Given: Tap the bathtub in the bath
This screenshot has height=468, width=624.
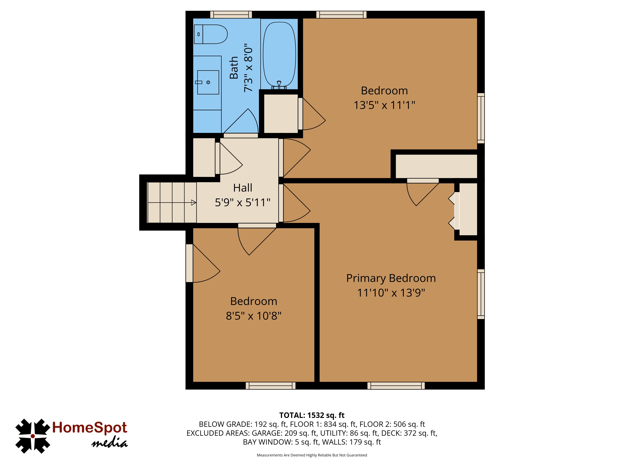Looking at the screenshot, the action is [x=279, y=54].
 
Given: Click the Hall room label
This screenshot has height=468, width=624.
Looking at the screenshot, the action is [x=243, y=188].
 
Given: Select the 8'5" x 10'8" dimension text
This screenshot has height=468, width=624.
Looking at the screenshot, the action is [x=254, y=316].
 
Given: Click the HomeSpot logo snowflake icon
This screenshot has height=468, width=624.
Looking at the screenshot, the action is [x=33, y=436].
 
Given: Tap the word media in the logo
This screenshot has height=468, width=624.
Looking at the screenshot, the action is [x=110, y=443].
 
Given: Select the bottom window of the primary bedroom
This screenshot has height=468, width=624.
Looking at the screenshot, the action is [x=396, y=386].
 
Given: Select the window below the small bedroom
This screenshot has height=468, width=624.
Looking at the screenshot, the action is [x=271, y=386].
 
